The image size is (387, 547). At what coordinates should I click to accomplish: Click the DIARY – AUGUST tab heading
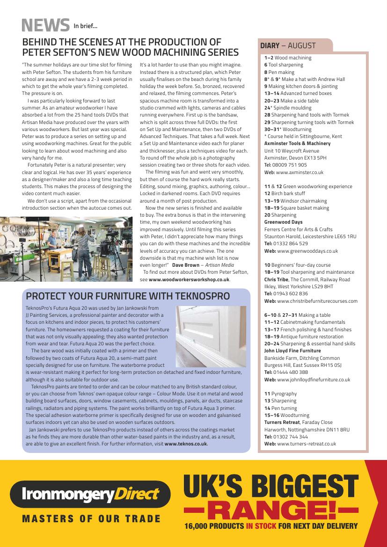pos(288,46)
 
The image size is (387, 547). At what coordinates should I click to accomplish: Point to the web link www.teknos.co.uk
pos(186,444)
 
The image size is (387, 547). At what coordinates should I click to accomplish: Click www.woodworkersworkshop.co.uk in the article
pos(189,279)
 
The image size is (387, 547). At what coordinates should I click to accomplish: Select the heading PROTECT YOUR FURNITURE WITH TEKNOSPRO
pos(128,296)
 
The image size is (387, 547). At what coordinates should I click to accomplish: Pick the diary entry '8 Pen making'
pos(279,72)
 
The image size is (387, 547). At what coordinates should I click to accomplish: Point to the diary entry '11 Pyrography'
pos(280,394)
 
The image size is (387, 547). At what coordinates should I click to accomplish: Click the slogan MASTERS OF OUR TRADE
pos(91,518)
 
